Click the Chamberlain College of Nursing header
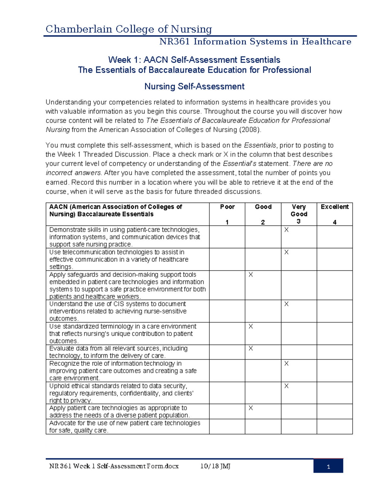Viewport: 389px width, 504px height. pyautogui.click(x=129, y=29)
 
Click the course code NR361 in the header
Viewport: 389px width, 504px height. pyautogui.click(x=175, y=42)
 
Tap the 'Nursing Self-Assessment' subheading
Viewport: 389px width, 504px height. pyautogui.click(x=194, y=86)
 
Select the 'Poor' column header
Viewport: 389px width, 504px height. pyautogui.click(x=227, y=207)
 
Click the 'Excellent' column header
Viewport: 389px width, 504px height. pyautogui.click(x=335, y=207)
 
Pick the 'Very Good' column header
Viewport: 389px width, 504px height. pyautogui.click(x=299, y=210)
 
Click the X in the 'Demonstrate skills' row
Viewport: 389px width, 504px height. pyautogui.click(x=286, y=230)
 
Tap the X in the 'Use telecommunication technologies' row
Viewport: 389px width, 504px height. pyautogui.click(x=286, y=252)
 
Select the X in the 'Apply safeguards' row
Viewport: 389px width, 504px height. pyautogui.click(x=251, y=275)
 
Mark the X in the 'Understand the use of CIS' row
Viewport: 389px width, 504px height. pyautogui.click(x=286, y=304)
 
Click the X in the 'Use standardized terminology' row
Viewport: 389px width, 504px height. pyautogui.click(x=251, y=326)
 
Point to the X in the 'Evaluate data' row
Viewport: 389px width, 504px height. pyautogui.click(x=251, y=349)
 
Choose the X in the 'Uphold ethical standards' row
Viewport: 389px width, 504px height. pyautogui.click(x=286, y=386)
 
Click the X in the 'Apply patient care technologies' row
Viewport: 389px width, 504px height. pyautogui.click(x=251, y=408)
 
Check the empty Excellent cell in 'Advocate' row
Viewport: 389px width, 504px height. pyautogui.click(x=335, y=426)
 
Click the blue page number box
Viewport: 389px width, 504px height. pyautogui.click(x=328, y=466)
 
